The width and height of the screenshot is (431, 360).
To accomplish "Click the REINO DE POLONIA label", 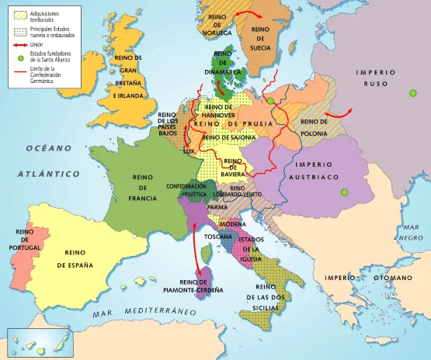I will point(313,126).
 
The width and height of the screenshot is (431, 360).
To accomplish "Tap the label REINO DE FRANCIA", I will point(143,187).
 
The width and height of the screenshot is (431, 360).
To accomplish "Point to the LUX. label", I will point(187,152).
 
